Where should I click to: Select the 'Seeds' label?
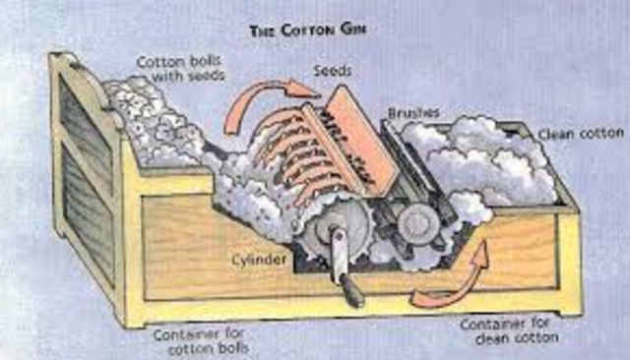(x=333, y=72)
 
